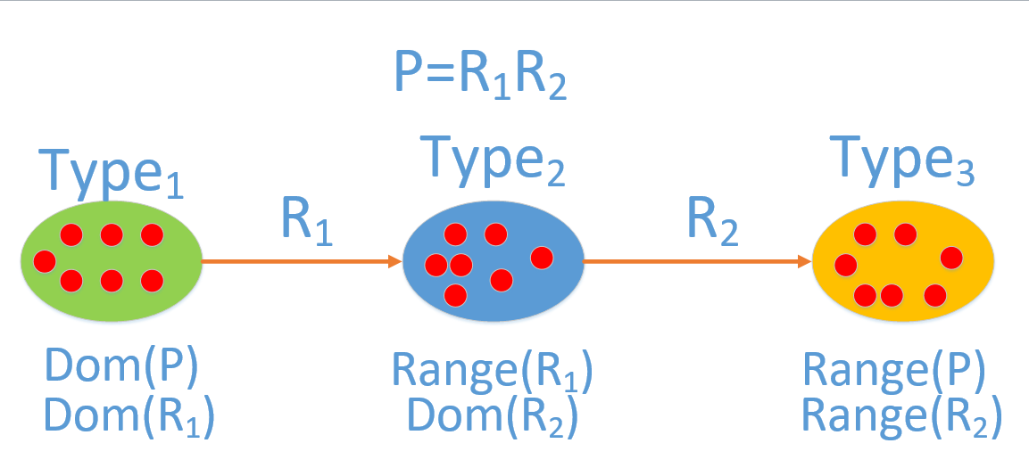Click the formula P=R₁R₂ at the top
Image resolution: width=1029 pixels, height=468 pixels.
click(480, 75)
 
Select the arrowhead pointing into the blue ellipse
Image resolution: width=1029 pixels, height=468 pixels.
click(394, 262)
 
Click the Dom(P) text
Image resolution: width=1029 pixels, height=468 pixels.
click(120, 365)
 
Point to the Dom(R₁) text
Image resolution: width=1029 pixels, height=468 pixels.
click(129, 415)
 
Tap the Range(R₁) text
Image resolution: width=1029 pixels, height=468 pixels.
click(493, 369)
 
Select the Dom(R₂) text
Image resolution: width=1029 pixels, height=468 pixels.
click(493, 415)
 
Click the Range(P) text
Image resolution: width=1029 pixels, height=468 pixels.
click(894, 369)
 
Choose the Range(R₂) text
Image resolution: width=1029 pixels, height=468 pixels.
click(901, 415)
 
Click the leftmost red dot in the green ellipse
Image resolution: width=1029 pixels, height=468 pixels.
click(44, 262)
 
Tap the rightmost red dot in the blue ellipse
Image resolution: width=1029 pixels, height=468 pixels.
click(542, 258)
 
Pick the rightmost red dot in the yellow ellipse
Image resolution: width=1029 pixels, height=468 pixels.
click(951, 258)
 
